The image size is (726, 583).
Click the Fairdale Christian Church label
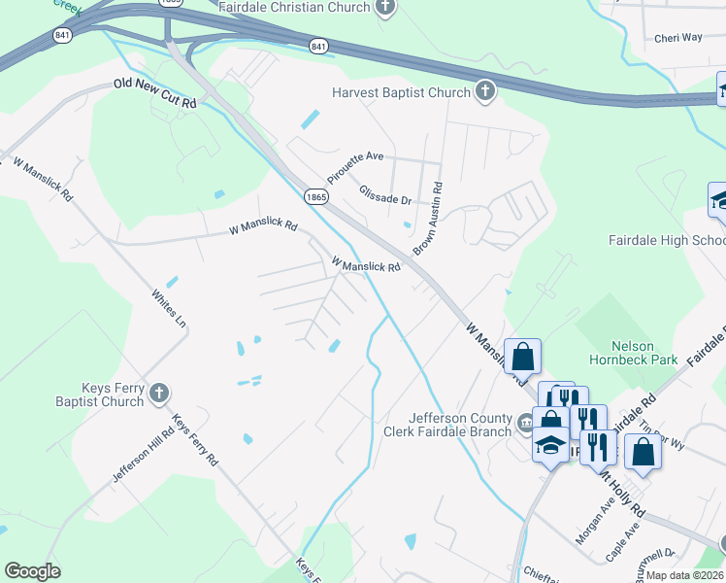click(308, 8)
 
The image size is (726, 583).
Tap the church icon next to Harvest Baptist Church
click(484, 92)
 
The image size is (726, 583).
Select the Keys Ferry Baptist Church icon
click(160, 394)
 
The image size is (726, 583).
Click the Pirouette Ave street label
click(355, 156)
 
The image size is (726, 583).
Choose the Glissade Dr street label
click(385, 195)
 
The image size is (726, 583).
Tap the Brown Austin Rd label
click(427, 219)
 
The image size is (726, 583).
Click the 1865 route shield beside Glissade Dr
click(314, 196)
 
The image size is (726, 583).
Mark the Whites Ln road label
click(168, 307)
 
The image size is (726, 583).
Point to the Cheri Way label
click(677, 38)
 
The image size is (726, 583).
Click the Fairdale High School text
click(666, 240)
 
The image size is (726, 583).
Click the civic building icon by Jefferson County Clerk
click(525, 421)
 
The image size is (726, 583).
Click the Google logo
click(32, 571)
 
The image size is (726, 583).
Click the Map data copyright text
click(684, 575)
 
